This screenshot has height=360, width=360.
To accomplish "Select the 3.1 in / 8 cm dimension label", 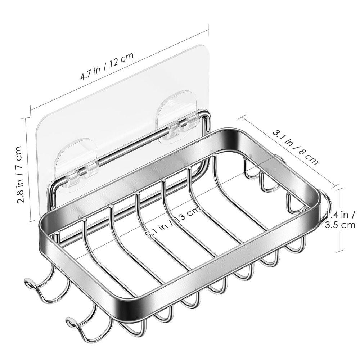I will coord(295,147).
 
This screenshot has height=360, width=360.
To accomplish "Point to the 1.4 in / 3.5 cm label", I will coord(340,220).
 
